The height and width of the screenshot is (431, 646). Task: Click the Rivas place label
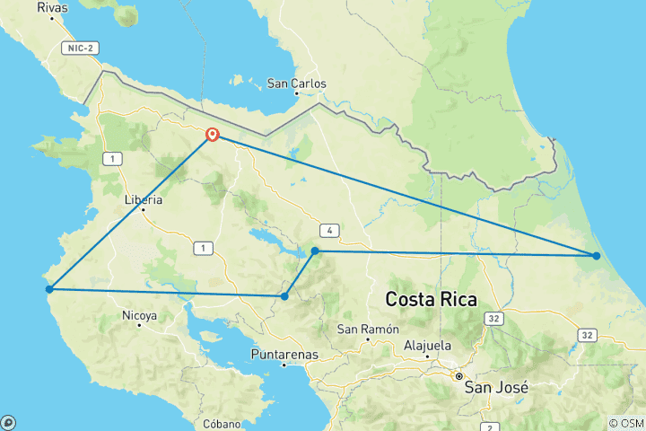(x=52, y=7)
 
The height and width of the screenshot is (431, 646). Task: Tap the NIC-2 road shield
(x=81, y=48)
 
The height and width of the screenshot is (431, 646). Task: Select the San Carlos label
(x=297, y=84)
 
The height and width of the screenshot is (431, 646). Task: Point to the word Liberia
(x=144, y=199)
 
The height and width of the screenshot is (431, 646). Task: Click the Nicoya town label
(x=139, y=315)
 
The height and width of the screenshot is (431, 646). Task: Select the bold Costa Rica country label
(x=431, y=298)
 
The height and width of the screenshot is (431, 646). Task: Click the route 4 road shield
(x=331, y=231)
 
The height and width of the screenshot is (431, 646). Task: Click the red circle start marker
(x=213, y=135)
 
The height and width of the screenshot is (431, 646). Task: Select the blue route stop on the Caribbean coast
(x=597, y=256)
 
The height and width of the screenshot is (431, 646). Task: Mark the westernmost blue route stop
(x=50, y=289)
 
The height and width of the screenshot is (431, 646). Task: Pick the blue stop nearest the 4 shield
(x=315, y=251)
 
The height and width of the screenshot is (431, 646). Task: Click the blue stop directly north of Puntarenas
(x=284, y=296)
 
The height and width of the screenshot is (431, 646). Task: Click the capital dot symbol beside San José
(x=458, y=376)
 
